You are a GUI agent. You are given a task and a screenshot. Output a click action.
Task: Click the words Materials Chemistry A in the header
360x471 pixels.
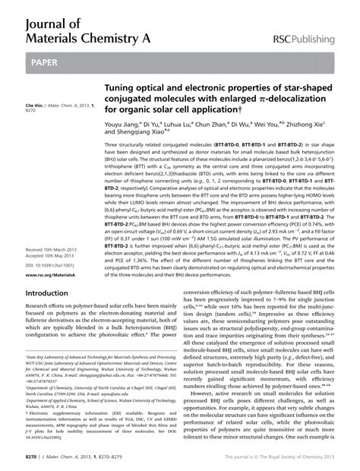tap(76, 33)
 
